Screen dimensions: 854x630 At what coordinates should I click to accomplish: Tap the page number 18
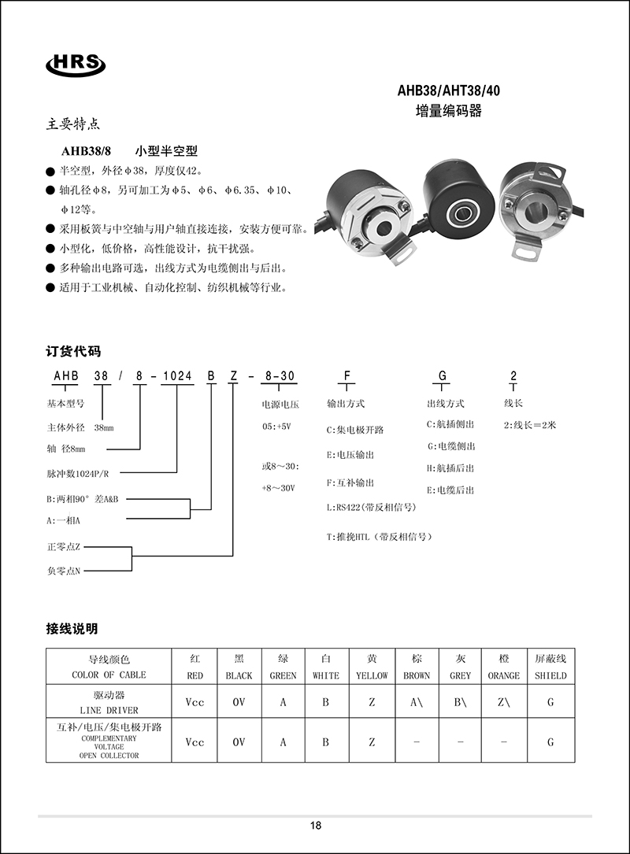(316, 826)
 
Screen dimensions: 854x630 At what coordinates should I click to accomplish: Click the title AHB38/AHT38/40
(448, 91)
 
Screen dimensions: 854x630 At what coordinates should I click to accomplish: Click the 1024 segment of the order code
(176, 376)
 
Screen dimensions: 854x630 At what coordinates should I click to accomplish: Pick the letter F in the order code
(346, 376)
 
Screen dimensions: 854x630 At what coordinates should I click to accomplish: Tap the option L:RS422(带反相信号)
(371, 508)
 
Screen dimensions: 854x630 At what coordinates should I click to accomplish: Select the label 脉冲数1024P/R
(77, 475)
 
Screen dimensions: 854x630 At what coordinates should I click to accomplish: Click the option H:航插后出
(451, 468)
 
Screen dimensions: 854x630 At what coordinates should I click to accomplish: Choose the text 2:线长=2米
(530, 425)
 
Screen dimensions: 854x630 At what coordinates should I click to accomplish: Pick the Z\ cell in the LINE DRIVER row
(503, 702)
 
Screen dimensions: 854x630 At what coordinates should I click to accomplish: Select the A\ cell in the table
(417, 702)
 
